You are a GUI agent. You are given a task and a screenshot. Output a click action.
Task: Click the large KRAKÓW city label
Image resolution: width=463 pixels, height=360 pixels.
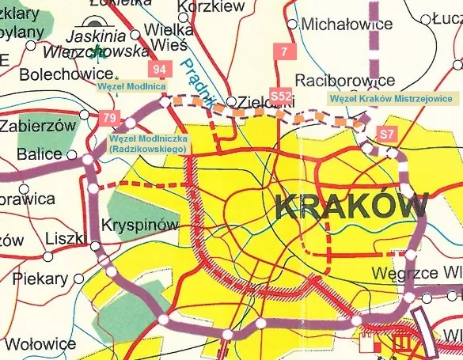[x=353, y=207]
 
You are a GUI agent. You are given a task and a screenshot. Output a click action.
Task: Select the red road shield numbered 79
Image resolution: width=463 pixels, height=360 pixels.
[x=110, y=119]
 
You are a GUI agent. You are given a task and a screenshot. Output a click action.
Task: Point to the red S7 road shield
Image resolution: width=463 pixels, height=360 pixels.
[x=387, y=134]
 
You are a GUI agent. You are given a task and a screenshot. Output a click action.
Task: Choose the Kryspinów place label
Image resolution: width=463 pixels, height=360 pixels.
[x=140, y=225]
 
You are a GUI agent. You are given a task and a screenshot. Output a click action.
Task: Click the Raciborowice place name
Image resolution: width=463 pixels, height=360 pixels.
[x=344, y=81]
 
